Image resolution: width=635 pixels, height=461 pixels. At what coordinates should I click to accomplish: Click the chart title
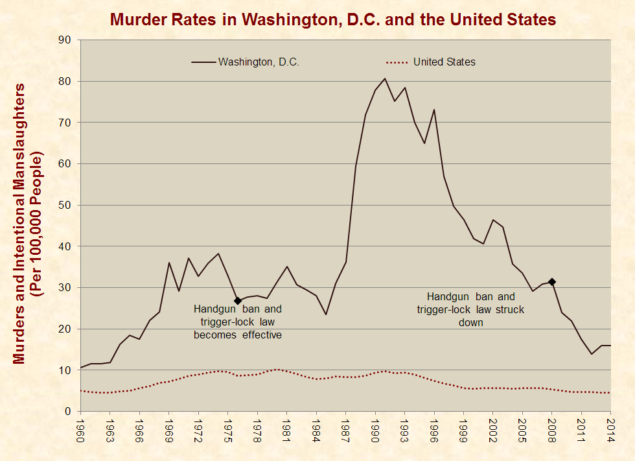(x=333, y=19)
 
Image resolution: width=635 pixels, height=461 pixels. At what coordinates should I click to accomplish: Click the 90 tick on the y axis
(x=64, y=40)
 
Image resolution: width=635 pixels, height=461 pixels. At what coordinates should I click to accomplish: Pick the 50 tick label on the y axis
(x=64, y=206)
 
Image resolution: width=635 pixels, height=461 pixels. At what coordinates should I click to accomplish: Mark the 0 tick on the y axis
(x=67, y=412)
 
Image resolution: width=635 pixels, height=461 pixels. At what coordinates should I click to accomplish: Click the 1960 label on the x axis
(x=80, y=431)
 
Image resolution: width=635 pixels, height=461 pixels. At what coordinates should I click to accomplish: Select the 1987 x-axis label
(x=346, y=431)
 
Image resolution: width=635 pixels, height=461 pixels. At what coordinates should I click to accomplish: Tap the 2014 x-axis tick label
(x=611, y=431)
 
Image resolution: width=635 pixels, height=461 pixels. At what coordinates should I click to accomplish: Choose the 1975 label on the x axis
(x=228, y=431)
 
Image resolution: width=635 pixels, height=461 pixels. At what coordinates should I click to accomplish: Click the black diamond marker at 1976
(x=238, y=301)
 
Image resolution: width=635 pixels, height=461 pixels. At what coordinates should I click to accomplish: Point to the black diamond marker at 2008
(x=552, y=281)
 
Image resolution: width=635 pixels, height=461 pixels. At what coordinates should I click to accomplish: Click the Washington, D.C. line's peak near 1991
(x=385, y=78)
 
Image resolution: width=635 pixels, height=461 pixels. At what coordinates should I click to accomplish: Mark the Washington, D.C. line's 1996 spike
(x=434, y=110)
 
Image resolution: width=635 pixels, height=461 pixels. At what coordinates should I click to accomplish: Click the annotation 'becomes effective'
(x=237, y=335)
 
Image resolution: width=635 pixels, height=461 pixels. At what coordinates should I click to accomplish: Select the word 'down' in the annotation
(x=470, y=322)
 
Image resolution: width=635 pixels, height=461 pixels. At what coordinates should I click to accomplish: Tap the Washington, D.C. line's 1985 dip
(x=326, y=314)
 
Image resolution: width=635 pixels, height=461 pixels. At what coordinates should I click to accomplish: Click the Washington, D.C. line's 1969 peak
(x=169, y=263)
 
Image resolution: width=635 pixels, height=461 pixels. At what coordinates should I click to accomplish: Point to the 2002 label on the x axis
(x=493, y=431)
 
